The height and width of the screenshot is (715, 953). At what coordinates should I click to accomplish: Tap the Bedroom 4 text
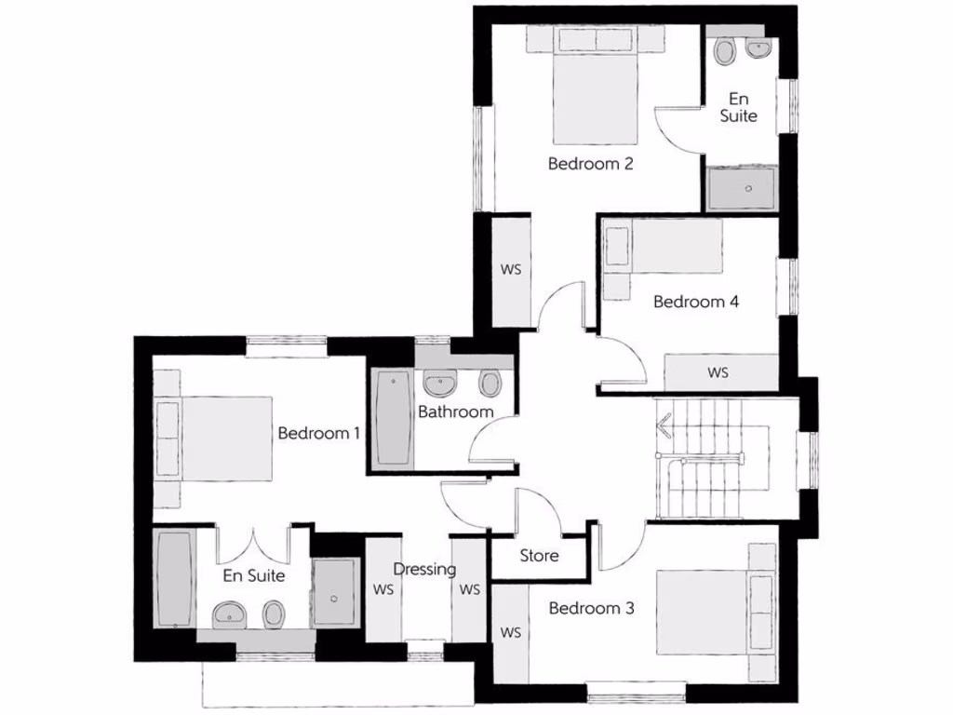tap(695, 302)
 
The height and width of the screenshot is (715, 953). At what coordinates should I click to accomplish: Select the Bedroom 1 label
tap(319, 434)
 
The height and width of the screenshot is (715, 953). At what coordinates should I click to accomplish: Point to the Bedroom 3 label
tap(591, 609)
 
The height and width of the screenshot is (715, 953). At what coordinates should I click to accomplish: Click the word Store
tap(539, 556)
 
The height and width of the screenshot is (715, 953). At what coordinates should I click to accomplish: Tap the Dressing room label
tap(424, 569)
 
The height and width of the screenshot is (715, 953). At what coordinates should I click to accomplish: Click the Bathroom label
tap(455, 411)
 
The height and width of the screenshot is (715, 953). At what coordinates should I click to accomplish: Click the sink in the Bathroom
tap(438, 383)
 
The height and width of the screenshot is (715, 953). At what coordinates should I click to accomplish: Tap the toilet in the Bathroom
tap(490, 383)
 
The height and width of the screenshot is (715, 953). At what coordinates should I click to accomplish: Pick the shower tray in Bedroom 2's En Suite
tap(742, 189)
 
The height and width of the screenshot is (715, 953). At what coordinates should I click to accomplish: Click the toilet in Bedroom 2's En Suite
tap(725, 50)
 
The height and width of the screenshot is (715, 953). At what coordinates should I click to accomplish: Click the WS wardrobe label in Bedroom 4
tap(718, 373)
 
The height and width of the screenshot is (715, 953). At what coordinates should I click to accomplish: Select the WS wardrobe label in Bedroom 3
tap(510, 633)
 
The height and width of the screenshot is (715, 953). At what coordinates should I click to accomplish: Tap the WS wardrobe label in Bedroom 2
tap(510, 270)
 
